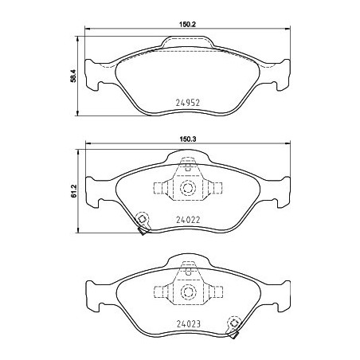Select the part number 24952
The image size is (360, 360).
point(187,102)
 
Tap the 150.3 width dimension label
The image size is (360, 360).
point(188,138)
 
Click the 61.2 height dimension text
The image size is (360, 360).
point(74,193)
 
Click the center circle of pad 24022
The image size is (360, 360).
point(188,188)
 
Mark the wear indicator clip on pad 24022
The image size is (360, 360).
point(142,222)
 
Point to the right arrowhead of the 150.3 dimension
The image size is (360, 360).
point(288,144)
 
